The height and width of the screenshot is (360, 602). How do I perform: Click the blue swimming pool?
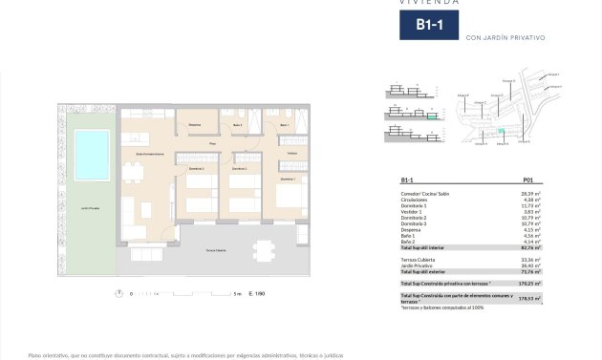click(x=92, y=153)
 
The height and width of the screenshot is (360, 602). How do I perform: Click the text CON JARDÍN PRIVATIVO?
click(x=504, y=38)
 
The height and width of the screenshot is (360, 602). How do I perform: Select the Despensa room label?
click(x=194, y=126)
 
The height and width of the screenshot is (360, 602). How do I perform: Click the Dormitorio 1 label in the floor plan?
click(x=288, y=179)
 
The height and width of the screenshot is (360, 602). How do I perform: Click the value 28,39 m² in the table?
click(x=531, y=193)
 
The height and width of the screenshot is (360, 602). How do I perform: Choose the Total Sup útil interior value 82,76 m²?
click(x=530, y=247)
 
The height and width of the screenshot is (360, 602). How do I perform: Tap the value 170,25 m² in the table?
click(x=529, y=284)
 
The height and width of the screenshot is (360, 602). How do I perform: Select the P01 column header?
click(x=528, y=180)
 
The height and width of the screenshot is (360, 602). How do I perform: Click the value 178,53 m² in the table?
click(x=529, y=298)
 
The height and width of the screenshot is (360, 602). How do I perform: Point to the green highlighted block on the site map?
click(x=499, y=132)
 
